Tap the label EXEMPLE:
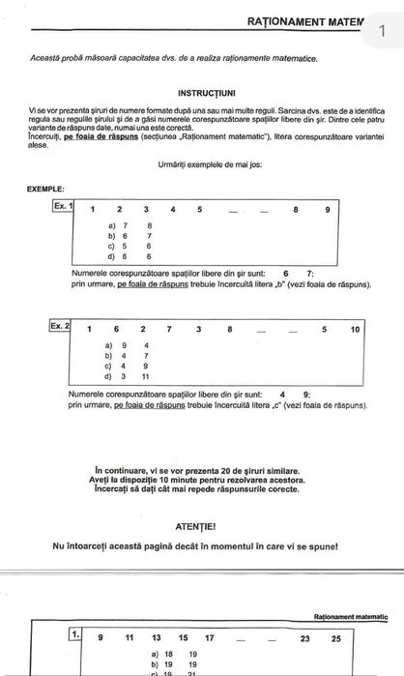coord(46,189)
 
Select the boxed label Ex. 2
coord(60,326)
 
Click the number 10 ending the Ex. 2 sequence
coord(355,329)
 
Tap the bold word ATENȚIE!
coord(203,527)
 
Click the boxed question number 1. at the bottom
coord(74,634)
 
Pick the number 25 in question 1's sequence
coord(335,638)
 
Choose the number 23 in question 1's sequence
coord(305,638)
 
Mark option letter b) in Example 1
coord(112,235)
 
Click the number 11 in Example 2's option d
coord(146,376)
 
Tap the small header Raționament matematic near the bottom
coord(350,616)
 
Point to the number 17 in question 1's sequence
coord(210,638)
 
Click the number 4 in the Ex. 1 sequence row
coord(172,209)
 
